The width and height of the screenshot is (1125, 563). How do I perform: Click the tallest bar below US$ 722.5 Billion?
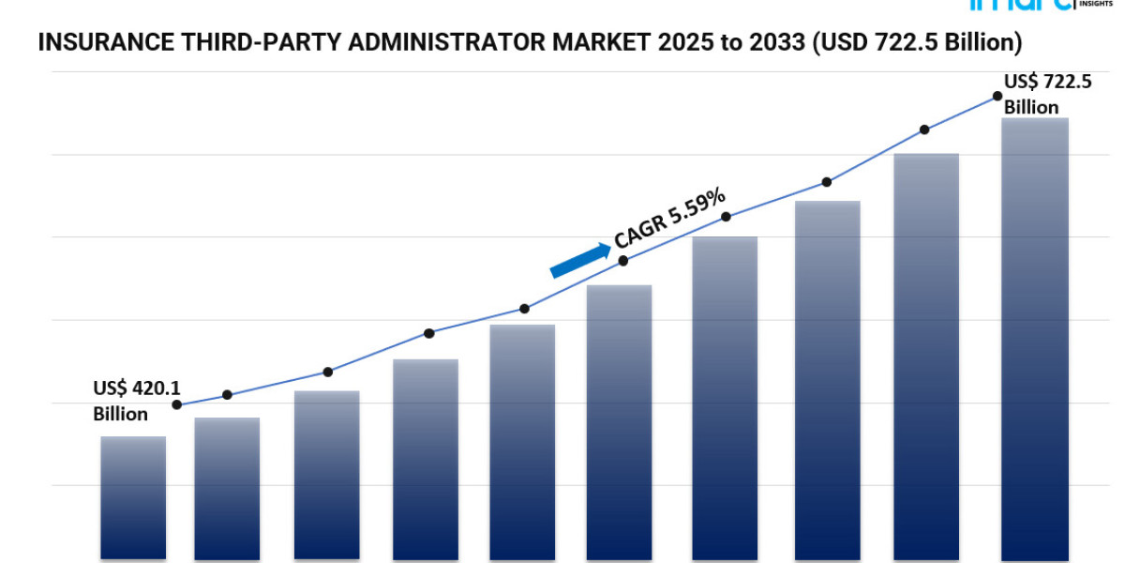pos(1035,338)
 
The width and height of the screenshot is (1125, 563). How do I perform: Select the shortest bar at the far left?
pos(133,497)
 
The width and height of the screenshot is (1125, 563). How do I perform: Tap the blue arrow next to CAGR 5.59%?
pos(579,261)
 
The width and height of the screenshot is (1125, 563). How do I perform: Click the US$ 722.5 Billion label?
pos(1047,94)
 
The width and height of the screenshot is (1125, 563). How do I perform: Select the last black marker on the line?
pos(997,97)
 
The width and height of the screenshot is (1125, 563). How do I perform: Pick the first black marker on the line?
pos(177,405)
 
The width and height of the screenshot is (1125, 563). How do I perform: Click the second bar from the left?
pos(227,488)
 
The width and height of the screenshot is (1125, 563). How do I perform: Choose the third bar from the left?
pos(326,474)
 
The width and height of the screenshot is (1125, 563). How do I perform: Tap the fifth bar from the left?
pos(522,441)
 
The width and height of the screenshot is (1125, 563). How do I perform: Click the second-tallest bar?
pos(926,357)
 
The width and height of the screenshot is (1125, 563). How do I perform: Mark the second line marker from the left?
pos(227,395)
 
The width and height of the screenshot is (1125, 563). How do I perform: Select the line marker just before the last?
pos(924,129)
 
